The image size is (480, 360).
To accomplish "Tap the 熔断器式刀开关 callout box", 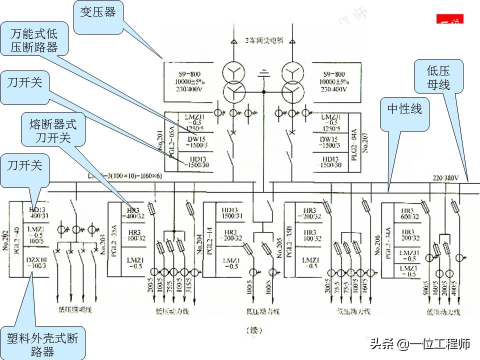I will [53, 130].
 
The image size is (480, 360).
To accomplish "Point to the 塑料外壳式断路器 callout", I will [42, 343].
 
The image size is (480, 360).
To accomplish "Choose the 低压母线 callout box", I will [438, 75].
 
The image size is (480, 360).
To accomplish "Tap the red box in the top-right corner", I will [450, 20].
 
